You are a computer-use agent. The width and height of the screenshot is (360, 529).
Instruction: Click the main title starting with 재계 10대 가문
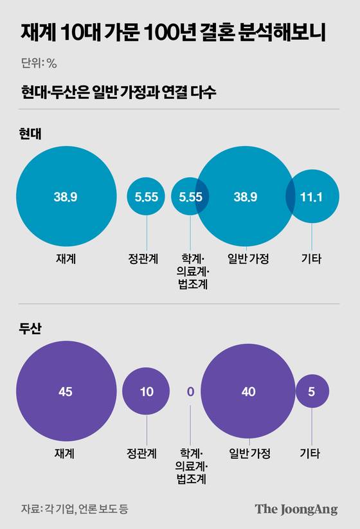pyautogui.click(x=172, y=32)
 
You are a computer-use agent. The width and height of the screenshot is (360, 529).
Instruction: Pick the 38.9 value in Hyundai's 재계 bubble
pyautogui.click(x=66, y=197)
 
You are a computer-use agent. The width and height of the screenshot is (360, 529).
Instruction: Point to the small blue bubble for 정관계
pyautogui.click(x=147, y=197)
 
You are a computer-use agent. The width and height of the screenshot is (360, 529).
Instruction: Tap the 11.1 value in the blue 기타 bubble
pyautogui.click(x=312, y=197)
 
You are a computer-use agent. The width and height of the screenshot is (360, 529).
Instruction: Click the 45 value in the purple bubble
pyautogui.click(x=66, y=391)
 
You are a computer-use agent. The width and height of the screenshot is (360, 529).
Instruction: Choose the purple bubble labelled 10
pyautogui.click(x=147, y=391)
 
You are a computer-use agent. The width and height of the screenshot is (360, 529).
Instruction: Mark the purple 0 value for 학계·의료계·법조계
pyautogui.click(x=190, y=391)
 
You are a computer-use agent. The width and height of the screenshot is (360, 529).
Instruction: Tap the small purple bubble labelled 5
pyautogui.click(x=312, y=391)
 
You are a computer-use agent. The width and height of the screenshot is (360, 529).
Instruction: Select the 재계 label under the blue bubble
pyautogui.click(x=66, y=259)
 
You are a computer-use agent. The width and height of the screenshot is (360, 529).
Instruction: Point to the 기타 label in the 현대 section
pyautogui.click(x=312, y=259)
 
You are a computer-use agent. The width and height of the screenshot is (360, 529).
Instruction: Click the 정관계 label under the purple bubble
pyautogui.click(x=147, y=453)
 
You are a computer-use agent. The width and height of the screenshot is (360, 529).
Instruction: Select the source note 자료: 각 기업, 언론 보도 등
pyautogui.click(x=75, y=509)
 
